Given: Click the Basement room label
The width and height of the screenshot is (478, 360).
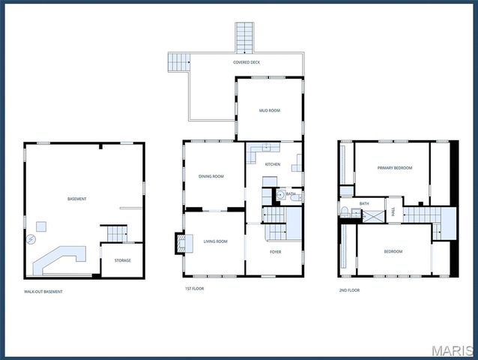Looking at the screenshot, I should [x=76, y=199].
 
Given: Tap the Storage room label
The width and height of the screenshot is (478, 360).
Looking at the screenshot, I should [x=123, y=260].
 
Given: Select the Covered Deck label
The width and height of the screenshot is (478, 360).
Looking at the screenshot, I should [x=246, y=62].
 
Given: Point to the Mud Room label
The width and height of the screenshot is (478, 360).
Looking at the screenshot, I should [x=270, y=110].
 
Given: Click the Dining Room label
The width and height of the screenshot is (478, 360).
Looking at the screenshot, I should [x=211, y=176].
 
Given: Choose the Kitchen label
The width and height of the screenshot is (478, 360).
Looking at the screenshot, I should [x=273, y=163].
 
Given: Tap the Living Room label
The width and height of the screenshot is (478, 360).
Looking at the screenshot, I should [x=215, y=241].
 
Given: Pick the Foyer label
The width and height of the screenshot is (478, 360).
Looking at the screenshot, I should [x=276, y=251].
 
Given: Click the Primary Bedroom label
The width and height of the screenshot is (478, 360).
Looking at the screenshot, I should [x=395, y=168].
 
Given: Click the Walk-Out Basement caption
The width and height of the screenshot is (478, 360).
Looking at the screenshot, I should [x=43, y=292].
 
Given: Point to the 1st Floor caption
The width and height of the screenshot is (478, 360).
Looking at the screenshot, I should [x=194, y=289].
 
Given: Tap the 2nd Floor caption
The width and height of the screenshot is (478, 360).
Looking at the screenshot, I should [x=350, y=289].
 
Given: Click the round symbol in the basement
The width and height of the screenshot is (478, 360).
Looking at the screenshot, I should [x=31, y=240].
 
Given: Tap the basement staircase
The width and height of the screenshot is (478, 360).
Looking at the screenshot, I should [x=112, y=233].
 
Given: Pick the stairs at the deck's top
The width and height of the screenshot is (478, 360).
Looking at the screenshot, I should [x=245, y=36].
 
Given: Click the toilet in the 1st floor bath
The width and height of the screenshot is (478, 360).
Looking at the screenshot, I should [x=279, y=194].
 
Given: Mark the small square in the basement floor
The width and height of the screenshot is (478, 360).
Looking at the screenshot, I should [x=42, y=225].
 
